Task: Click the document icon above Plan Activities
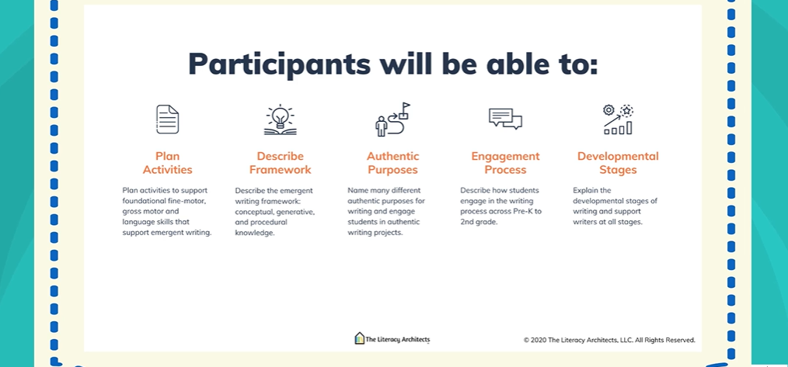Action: click(167, 119)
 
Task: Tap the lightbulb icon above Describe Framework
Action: click(280, 119)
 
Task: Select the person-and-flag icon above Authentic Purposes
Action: click(393, 119)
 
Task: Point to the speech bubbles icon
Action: click(505, 119)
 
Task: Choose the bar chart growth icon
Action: click(618, 119)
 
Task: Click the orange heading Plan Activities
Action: click(167, 163)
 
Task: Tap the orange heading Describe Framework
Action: click(280, 163)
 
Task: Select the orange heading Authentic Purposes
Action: click(393, 163)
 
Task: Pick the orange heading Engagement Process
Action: click(505, 163)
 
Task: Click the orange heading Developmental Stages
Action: click(618, 163)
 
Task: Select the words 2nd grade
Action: click(478, 222)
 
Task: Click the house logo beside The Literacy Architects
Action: click(359, 338)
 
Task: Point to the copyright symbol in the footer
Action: click(526, 341)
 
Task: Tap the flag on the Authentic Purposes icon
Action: click(406, 106)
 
